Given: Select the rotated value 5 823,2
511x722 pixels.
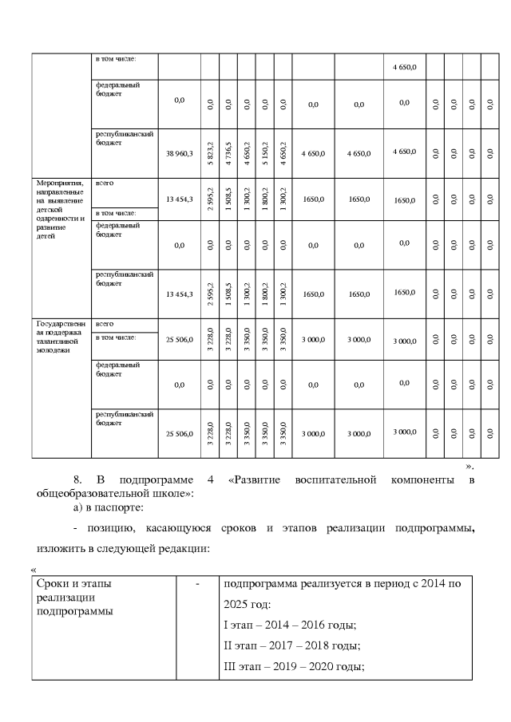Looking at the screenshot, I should (x=209, y=152).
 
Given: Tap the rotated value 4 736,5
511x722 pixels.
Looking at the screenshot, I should (x=228, y=152).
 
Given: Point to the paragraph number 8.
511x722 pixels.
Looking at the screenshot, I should (x=78, y=479).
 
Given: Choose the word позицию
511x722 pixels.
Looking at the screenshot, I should (x=110, y=530).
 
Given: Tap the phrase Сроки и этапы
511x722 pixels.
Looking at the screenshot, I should (x=74, y=583).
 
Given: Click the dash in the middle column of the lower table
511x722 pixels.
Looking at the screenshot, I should (x=197, y=584).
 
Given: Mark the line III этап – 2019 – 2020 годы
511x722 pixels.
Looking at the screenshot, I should (x=295, y=665).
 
